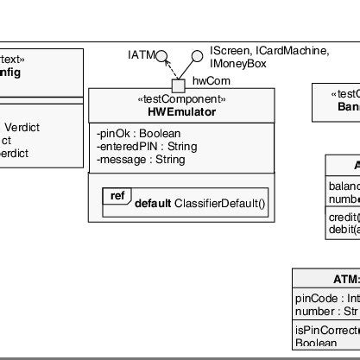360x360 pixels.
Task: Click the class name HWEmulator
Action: [176, 112]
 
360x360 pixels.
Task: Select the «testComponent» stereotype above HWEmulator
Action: [176, 99]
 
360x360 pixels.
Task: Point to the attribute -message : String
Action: [141, 160]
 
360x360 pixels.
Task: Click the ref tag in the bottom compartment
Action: [117, 196]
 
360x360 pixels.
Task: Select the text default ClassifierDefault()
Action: [201, 206]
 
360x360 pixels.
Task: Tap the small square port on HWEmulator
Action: [179, 85]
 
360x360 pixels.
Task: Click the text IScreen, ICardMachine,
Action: [269, 51]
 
